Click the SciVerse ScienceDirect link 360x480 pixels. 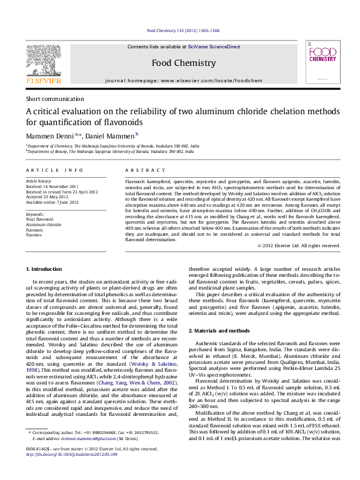coord(214,47)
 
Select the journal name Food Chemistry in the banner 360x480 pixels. coord(183,63)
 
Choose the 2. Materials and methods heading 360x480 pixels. coord(218,331)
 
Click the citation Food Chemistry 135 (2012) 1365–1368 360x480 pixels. coord(184,35)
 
